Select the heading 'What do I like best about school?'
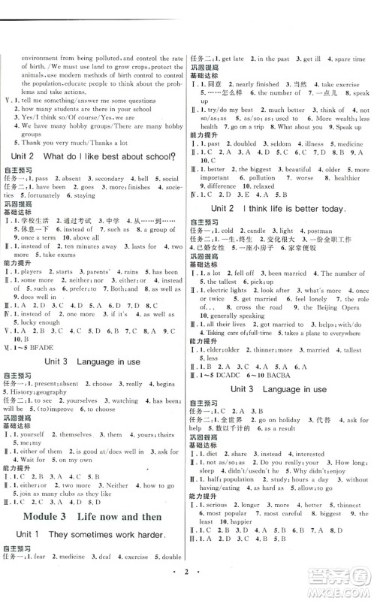119,156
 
